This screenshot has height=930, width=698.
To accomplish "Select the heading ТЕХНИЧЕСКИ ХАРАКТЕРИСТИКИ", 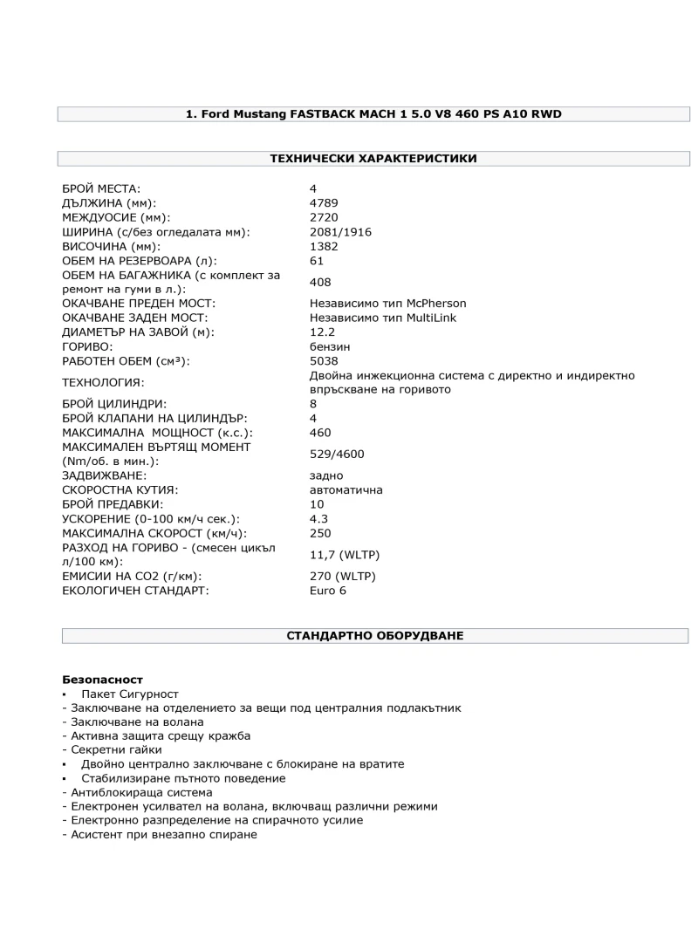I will coord(373,159).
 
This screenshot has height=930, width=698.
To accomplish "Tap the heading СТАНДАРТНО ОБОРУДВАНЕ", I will coord(375,636).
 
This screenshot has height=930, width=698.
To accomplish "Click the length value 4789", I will coord(324,203).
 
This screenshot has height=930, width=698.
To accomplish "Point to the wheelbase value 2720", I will coord(324,217).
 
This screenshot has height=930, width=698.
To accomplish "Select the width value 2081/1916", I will coord(341,232).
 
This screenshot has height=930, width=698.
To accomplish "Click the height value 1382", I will coord(324,246).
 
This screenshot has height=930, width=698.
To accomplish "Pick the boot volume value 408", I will coord(320,282).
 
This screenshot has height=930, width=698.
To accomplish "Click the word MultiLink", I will coord(428,318).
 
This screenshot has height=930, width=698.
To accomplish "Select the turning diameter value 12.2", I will coord(322,332).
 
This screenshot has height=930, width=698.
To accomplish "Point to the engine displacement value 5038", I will coord(324,361).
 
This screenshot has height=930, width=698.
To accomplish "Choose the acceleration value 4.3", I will coord(318,518).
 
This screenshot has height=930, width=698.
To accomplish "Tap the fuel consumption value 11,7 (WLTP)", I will coord(345,555).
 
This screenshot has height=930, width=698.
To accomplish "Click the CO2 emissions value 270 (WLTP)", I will coord(344,576).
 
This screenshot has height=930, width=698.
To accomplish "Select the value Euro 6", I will coord(328,591).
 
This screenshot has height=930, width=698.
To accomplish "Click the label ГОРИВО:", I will coord(88,346).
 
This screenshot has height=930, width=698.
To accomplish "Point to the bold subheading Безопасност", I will coord(102,679).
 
